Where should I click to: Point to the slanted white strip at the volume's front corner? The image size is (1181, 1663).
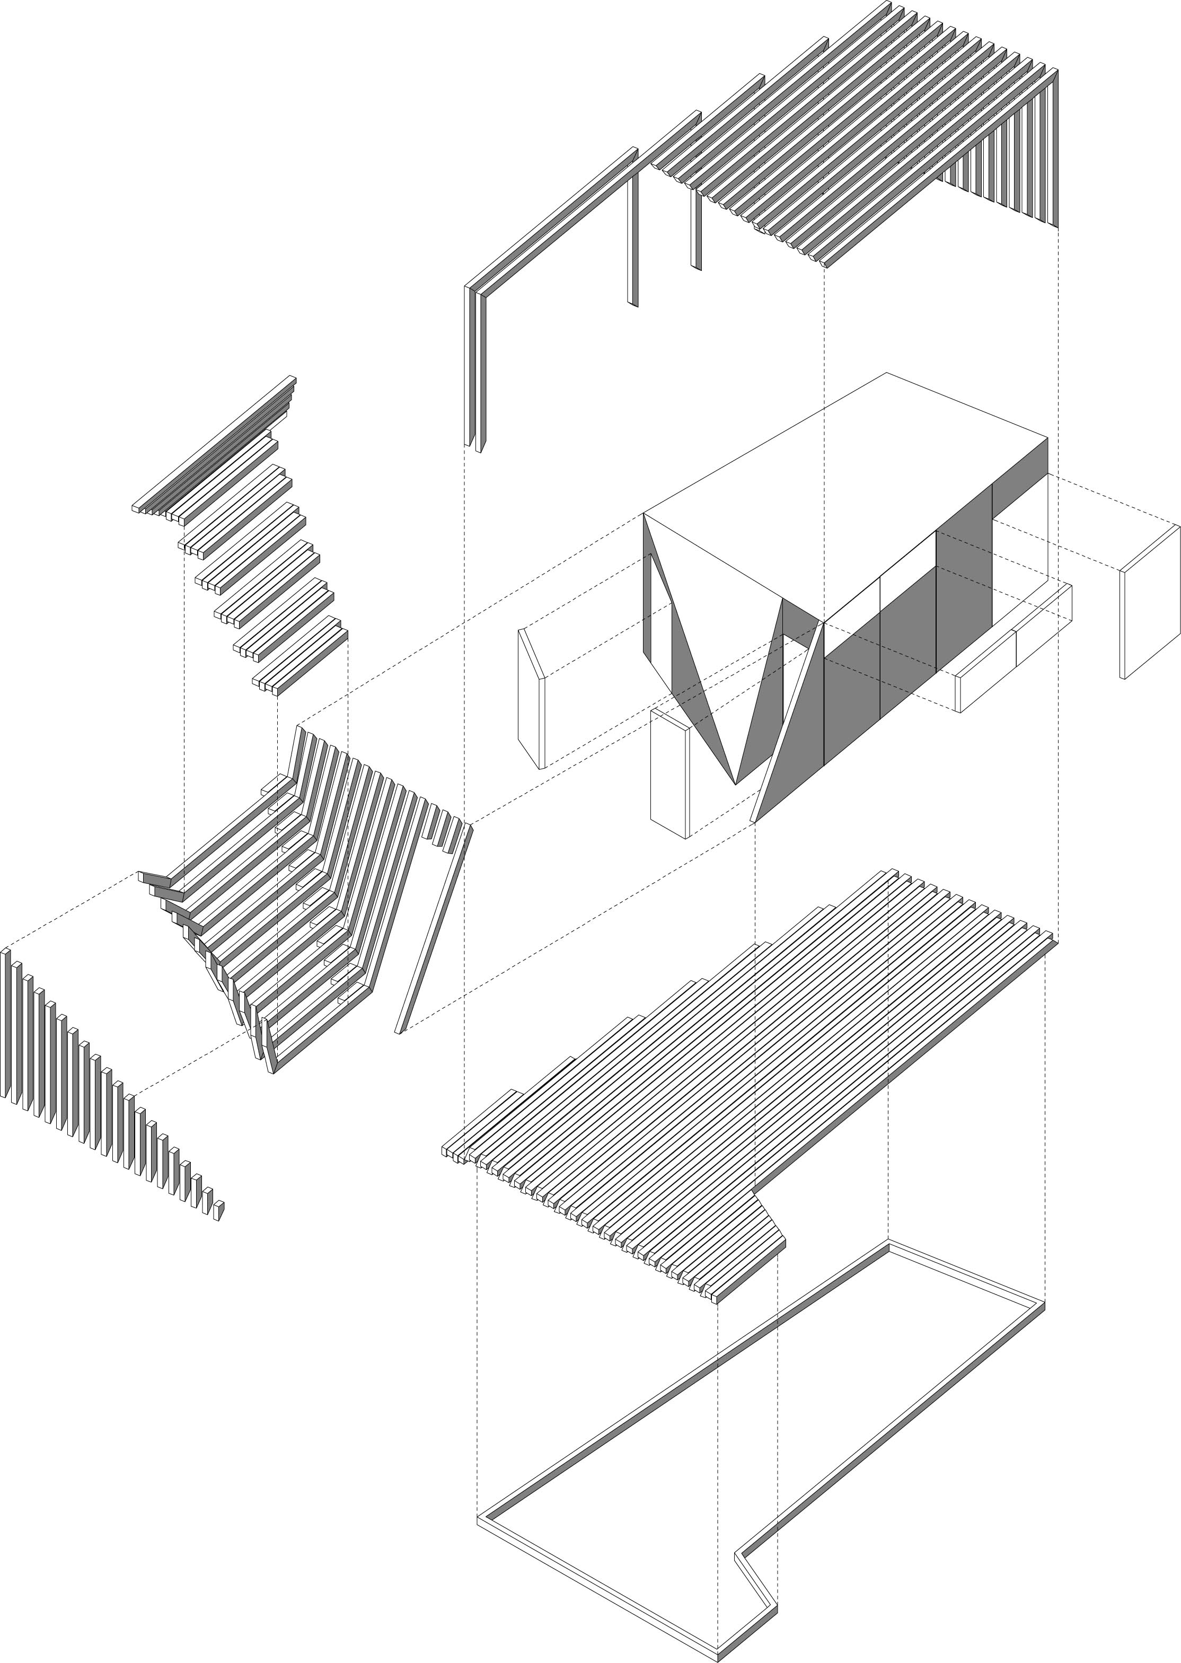click(x=789, y=720)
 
